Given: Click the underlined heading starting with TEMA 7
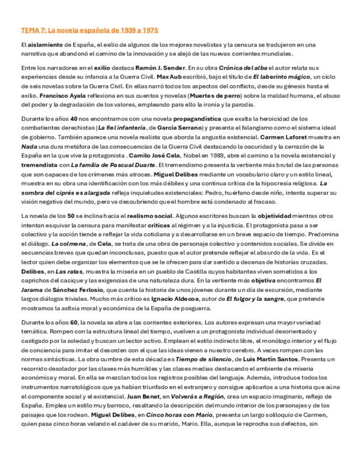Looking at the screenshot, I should [x=90, y=30].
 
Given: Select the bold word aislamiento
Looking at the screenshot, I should [x=44, y=44].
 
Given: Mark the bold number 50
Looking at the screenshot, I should [x=71, y=216].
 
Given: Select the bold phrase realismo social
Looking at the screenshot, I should [x=150, y=216].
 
